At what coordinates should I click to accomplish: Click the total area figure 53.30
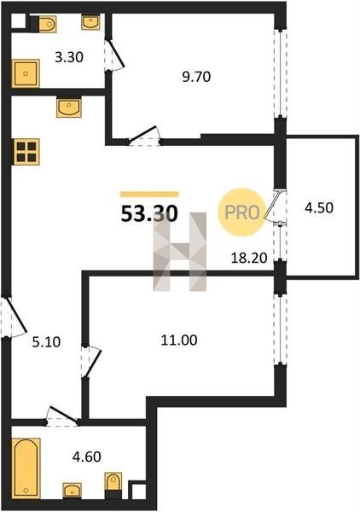(x=149, y=214)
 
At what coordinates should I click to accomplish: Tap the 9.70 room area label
(x=196, y=77)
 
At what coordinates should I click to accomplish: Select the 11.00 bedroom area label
(x=179, y=340)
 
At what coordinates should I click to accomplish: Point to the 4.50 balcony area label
(x=319, y=207)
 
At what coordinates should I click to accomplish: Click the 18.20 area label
(x=249, y=259)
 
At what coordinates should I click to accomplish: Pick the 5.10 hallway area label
(x=46, y=342)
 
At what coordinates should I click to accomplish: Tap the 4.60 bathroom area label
(x=86, y=457)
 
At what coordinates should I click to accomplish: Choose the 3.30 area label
(x=69, y=57)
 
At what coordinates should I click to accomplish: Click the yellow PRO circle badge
(x=242, y=212)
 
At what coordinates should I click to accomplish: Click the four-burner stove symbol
(x=26, y=152)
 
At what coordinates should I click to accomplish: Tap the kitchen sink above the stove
(x=68, y=107)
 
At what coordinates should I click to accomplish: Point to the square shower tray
(x=26, y=73)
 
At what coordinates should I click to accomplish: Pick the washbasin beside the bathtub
(x=73, y=491)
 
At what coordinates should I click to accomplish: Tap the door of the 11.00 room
(x=91, y=363)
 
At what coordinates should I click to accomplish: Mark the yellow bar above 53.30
(x=149, y=195)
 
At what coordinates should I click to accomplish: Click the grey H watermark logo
(x=180, y=252)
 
